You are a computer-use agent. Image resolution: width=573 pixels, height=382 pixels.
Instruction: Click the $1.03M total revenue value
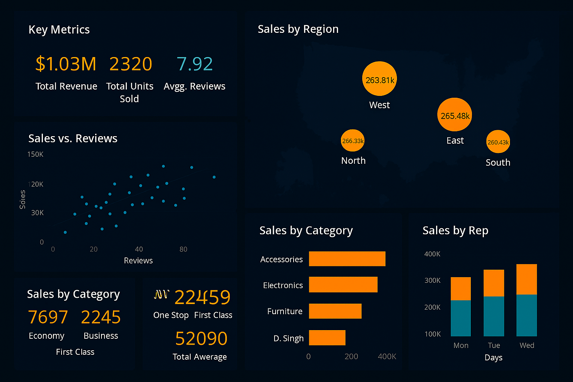tap(66, 64)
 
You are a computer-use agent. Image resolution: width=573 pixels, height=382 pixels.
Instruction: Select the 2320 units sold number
tap(131, 64)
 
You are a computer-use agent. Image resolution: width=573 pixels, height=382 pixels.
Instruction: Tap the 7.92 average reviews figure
tap(194, 64)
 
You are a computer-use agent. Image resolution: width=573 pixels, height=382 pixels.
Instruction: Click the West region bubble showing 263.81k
tap(379, 79)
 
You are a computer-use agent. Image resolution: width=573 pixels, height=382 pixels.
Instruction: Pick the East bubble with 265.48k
tap(454, 115)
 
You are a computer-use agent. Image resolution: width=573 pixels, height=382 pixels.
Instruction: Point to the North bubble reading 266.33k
tap(353, 141)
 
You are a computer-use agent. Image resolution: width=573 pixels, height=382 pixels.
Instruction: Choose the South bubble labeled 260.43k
tap(498, 142)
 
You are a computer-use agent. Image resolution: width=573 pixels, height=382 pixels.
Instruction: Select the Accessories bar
tap(347, 259)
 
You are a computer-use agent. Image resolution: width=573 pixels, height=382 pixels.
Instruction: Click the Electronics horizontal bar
tap(343, 285)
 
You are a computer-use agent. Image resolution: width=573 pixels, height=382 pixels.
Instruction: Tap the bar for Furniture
tap(335, 311)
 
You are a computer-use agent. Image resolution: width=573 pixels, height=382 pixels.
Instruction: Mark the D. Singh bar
tap(327, 338)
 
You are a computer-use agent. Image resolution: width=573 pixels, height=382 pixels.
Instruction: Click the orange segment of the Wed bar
tap(526, 279)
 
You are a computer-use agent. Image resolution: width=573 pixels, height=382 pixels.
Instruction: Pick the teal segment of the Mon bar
tap(461, 318)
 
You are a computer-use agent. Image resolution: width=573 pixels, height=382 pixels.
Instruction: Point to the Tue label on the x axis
tap(494, 345)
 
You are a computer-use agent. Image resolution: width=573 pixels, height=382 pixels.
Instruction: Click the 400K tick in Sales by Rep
tap(432, 254)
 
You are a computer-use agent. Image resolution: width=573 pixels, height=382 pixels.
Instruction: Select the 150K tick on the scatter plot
tap(35, 154)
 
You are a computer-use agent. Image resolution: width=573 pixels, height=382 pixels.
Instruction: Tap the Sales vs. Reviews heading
tap(73, 138)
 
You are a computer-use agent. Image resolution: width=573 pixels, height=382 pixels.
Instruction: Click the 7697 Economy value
tap(48, 317)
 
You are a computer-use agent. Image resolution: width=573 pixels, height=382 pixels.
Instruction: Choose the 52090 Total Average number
tap(201, 338)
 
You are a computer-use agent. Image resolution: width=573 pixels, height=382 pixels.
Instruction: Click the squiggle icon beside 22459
tap(162, 295)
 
